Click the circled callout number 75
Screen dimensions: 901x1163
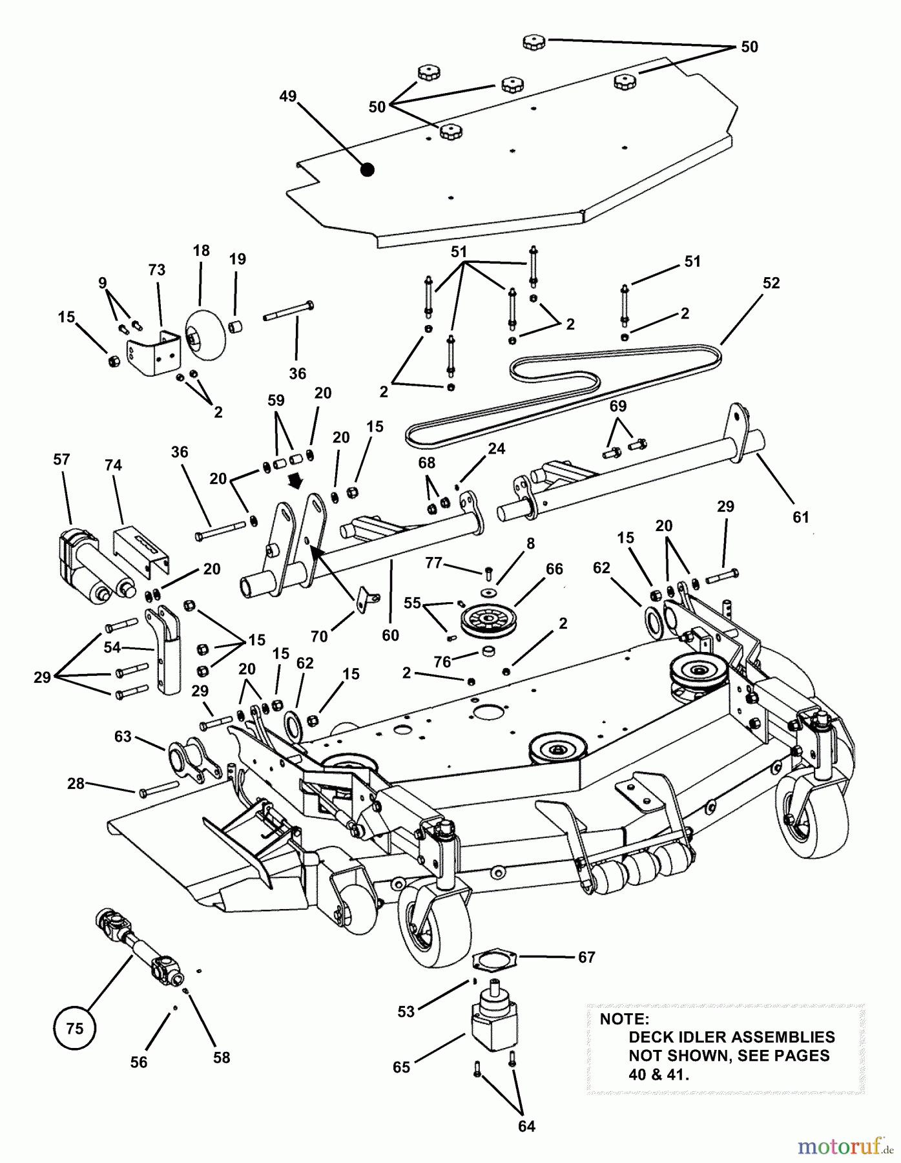75,1027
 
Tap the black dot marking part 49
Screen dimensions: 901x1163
368,170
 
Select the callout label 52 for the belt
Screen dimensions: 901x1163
771,283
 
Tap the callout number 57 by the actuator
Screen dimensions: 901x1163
61,459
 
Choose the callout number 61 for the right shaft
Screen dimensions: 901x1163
801,517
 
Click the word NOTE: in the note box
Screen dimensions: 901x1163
625,1019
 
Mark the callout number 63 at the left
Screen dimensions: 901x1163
123,737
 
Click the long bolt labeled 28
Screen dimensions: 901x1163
158,788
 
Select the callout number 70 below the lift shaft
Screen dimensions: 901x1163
320,636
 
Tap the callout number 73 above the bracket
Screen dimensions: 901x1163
157,269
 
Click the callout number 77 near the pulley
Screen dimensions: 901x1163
433,563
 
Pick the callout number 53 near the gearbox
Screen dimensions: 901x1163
406,1011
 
